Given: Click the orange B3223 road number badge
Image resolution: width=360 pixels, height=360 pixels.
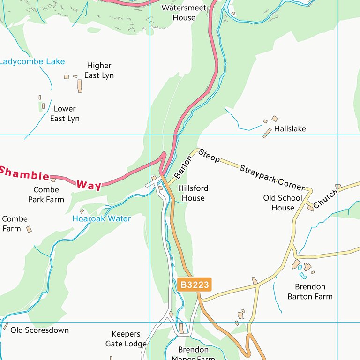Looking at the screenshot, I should [195, 285].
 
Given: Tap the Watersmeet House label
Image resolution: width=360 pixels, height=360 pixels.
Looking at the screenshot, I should [184, 13].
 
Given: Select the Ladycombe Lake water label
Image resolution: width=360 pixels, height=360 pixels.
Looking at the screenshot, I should [32, 62].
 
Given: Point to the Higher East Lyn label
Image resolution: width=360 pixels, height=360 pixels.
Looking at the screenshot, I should [99, 70].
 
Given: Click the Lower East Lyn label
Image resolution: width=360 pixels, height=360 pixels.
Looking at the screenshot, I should [65, 114].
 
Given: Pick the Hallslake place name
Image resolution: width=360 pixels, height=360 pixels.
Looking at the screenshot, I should [290, 128].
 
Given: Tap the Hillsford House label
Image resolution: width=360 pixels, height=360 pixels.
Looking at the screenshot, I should [193, 193].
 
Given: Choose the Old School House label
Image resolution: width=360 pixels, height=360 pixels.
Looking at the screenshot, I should [283, 203].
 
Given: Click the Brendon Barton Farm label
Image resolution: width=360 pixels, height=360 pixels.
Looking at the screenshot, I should [310, 292].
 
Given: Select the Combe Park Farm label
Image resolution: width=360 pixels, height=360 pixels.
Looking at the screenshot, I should [46, 195].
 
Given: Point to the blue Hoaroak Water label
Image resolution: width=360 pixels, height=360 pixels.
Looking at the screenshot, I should [101, 219].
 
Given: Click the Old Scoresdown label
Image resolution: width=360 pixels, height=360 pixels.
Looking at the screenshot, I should [39, 330].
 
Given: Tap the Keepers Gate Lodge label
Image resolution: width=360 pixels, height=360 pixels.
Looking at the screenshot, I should [126, 339].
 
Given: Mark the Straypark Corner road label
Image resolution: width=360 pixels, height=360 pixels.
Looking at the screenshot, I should [271, 178].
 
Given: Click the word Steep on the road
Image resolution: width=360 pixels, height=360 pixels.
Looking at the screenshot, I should [209, 156].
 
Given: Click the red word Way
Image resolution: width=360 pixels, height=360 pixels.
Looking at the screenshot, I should [89, 185].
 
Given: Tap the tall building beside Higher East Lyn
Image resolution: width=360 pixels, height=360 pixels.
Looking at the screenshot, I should [80, 86].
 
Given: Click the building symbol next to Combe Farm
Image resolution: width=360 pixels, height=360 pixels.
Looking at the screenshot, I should [29, 229].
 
